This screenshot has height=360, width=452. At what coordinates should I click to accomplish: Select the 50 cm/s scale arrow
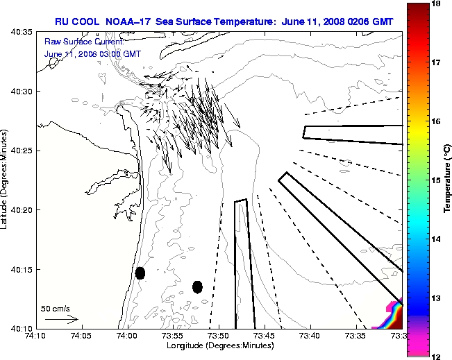point(60,320)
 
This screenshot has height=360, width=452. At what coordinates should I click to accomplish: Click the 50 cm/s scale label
point(56,309)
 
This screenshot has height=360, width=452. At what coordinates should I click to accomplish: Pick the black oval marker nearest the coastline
point(140,273)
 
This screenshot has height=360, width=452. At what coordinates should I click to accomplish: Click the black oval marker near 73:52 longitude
point(197,286)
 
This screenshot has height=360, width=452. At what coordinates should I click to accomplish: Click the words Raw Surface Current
point(75,42)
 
